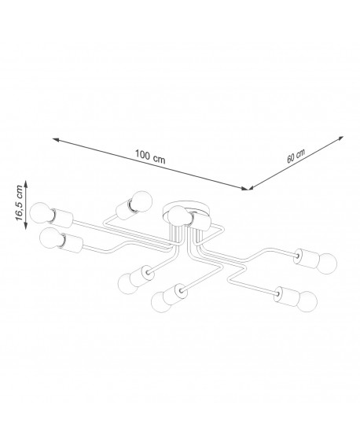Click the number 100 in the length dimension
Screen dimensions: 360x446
point(142,154)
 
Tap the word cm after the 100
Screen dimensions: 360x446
point(159,159)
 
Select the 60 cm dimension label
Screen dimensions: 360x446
point(296,156)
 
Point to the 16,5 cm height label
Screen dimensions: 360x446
point(19,202)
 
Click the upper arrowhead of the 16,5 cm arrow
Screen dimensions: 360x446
point(26,183)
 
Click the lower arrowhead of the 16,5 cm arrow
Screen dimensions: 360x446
point(26,226)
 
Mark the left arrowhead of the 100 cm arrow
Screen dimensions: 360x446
point(56,139)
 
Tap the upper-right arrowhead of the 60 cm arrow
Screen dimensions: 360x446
point(340,138)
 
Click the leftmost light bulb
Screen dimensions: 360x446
point(41,213)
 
